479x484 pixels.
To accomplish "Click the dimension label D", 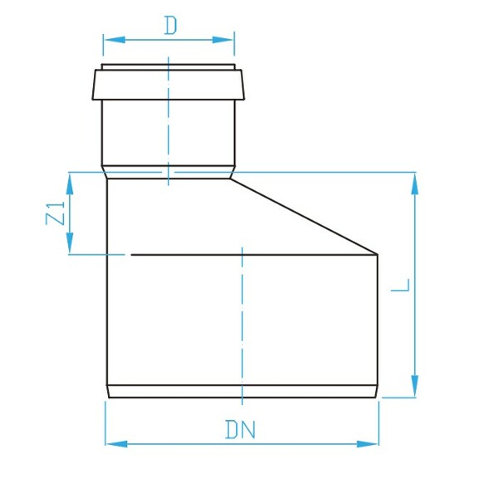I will coord(170,26).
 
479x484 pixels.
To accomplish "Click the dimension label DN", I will coord(240,431).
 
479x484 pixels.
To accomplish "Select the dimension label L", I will coord(401,284).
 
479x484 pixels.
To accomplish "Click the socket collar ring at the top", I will coord(169,83).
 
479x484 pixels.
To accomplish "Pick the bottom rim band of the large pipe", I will coord(242,391).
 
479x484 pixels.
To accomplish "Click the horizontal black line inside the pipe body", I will coord(249,254).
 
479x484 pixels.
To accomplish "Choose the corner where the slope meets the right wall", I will coord(378,254).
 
